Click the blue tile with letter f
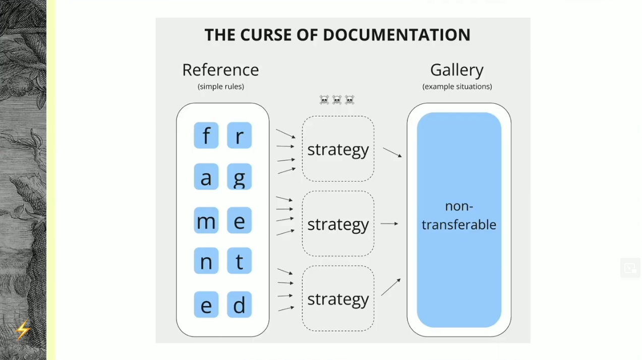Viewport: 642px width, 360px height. (x=206, y=135)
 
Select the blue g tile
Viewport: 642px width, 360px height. (x=239, y=176)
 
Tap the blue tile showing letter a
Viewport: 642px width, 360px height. (x=206, y=176)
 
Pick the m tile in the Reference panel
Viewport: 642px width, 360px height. (x=206, y=220)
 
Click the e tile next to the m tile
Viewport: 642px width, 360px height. (x=239, y=220)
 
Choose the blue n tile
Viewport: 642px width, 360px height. (x=206, y=261)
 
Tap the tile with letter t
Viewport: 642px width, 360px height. (x=239, y=261)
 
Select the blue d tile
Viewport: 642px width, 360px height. (x=239, y=305)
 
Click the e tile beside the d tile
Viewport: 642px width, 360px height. (x=206, y=305)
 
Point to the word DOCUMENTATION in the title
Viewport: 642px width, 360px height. (x=396, y=35)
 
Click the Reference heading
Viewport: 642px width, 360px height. (x=220, y=70)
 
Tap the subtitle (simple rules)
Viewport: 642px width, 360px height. (x=220, y=86)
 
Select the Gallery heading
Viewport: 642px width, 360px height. (x=456, y=70)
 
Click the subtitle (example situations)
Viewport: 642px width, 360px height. (x=457, y=86)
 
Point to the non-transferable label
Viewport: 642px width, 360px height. (x=458, y=215)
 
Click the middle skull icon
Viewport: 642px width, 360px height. (x=337, y=100)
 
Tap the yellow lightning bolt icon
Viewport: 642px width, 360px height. (x=23, y=330)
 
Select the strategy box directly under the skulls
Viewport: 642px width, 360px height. (x=338, y=149)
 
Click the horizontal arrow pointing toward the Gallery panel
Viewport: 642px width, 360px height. (x=389, y=223)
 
